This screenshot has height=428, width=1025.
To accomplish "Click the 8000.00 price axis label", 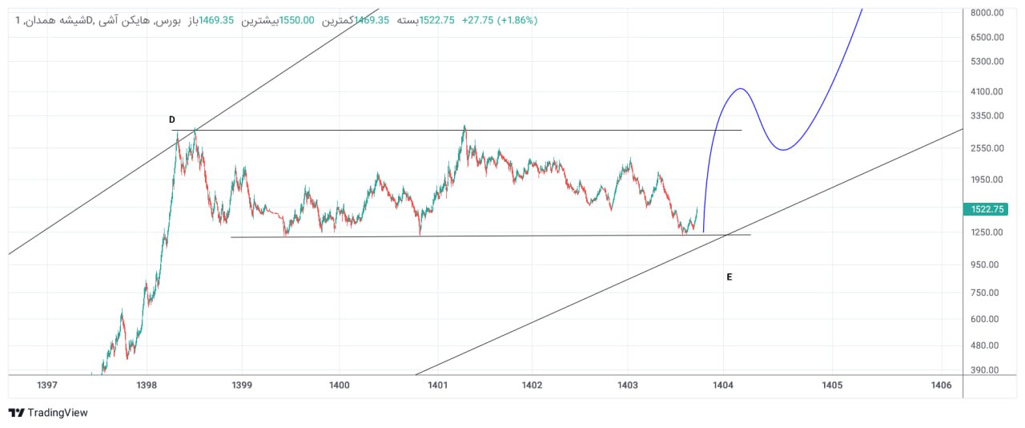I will pyautogui.click(x=987, y=13).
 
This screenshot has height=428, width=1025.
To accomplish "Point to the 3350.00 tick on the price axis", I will pyautogui.click(x=987, y=116).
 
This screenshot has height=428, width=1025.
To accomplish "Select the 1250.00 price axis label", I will pyautogui.click(x=987, y=232).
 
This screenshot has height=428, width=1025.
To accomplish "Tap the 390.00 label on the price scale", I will pyautogui.click(x=988, y=370).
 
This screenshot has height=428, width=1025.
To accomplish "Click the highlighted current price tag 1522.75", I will pyautogui.click(x=987, y=209).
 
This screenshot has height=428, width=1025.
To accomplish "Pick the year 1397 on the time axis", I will pyautogui.click(x=47, y=386).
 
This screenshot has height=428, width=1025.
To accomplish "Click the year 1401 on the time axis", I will pyautogui.click(x=437, y=386).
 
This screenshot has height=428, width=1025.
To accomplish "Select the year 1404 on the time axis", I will pyautogui.click(x=723, y=386).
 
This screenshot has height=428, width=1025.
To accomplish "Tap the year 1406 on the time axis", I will pyautogui.click(x=942, y=386).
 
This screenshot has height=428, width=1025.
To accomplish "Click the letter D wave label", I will pyautogui.click(x=172, y=120).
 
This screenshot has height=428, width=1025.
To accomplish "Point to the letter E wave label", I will pyautogui.click(x=730, y=277).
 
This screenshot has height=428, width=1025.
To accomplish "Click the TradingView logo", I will pyautogui.click(x=48, y=413).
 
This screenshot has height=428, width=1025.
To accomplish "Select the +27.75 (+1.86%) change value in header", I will pyautogui.click(x=499, y=20).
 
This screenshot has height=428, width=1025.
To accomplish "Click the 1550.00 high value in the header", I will pyautogui.click(x=296, y=20).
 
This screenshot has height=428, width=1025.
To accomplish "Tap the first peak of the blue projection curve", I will pyautogui.click(x=741, y=88).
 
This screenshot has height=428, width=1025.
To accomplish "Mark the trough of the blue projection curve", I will pyautogui.click(x=782, y=149).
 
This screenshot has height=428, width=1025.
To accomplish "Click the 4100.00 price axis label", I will pyautogui.click(x=987, y=92).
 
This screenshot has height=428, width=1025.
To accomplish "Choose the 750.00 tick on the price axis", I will pyautogui.click(x=988, y=293).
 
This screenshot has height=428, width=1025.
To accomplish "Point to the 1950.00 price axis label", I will pyautogui.click(x=987, y=180).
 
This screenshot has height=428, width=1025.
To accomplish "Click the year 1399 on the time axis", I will pyautogui.click(x=242, y=386).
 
